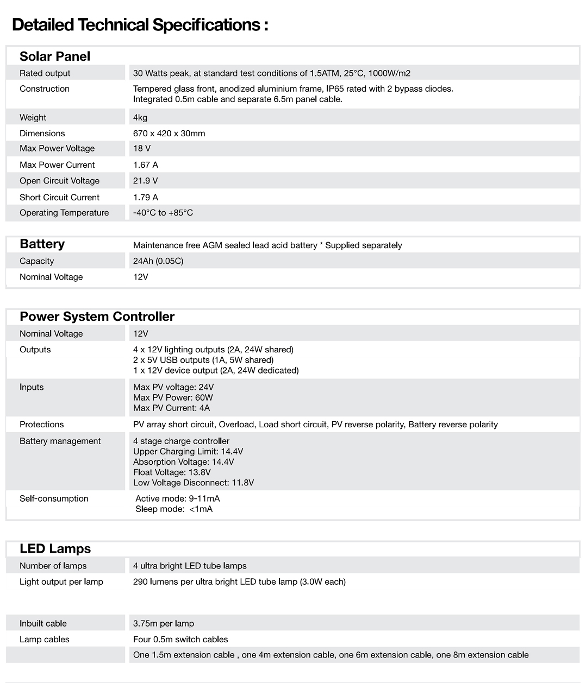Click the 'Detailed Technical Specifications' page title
[140, 25]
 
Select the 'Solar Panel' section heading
[55, 56]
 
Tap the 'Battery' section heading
[42, 244]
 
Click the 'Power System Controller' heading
[97, 317]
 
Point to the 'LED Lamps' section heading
[55, 549]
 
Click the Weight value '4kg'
[140, 118]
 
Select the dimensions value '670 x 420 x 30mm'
[169, 134]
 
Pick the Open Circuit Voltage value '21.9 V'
[145, 181]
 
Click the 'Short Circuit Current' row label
[59, 198]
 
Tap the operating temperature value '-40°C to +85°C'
[163, 213]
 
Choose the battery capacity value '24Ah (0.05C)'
[158, 261]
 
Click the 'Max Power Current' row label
[57, 165]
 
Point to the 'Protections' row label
[41, 425]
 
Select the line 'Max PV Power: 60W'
[173, 397]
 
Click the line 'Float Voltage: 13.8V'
[172, 472]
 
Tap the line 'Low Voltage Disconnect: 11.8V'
[194, 483]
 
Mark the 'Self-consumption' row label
[54, 498]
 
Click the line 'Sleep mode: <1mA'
[174, 509]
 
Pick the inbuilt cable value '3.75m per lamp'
[164, 623]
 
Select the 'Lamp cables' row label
[45, 640]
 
